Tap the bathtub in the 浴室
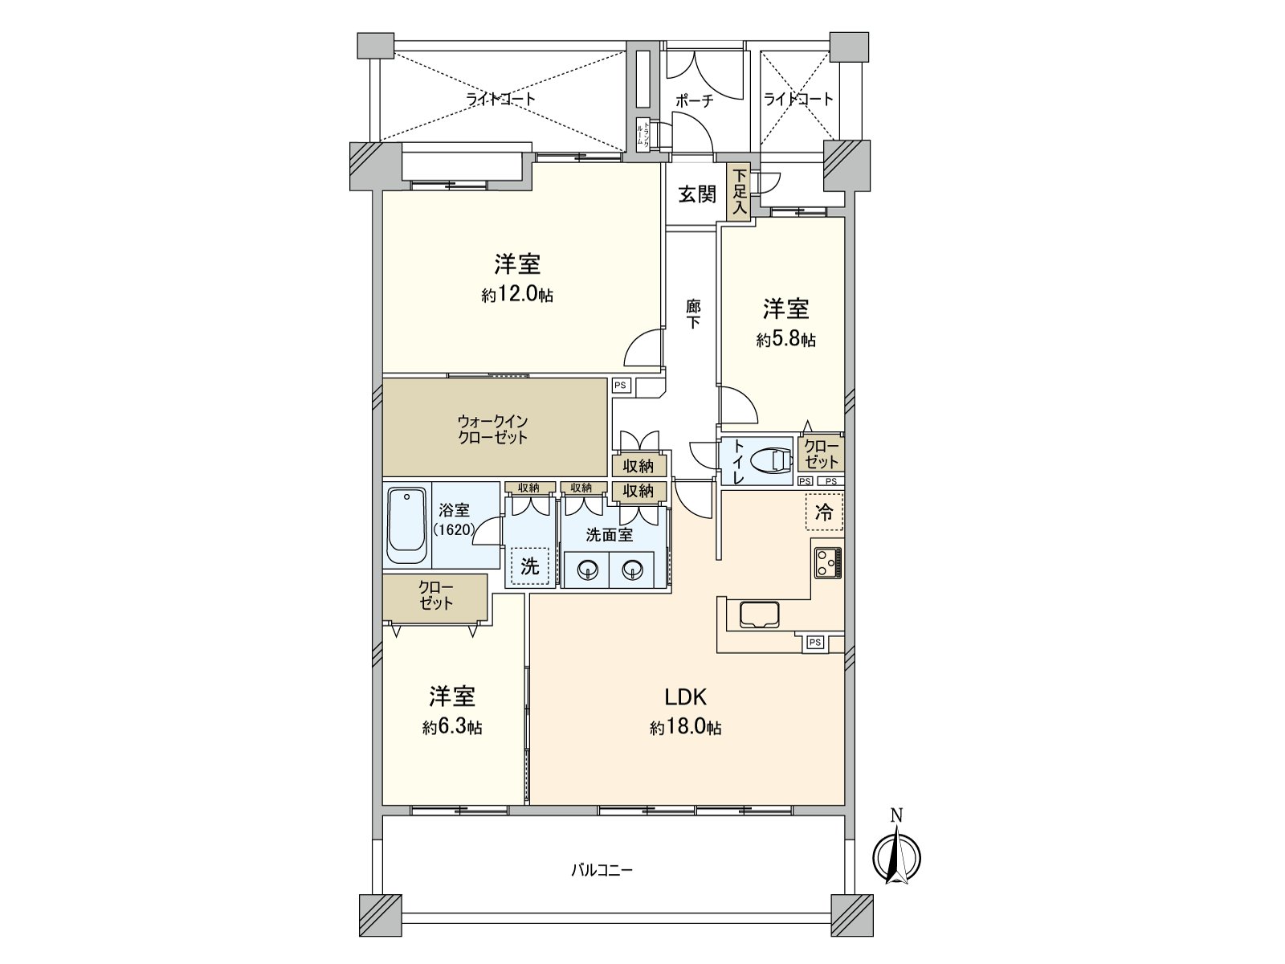click(x=407, y=526)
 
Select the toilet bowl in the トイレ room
click(x=771, y=460)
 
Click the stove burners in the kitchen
click(x=827, y=562)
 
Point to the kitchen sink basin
click(x=759, y=615)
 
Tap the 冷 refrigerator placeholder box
click(x=824, y=513)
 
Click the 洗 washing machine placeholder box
click(x=529, y=566)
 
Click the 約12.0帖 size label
click(x=517, y=295)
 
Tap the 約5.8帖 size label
click(x=785, y=340)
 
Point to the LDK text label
click(x=684, y=696)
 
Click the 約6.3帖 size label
click(x=452, y=727)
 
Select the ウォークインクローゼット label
click(x=492, y=429)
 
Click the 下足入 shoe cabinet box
click(x=739, y=193)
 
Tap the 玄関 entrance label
click(x=696, y=194)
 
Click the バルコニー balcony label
click(x=602, y=870)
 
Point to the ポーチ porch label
click(x=694, y=100)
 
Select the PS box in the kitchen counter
click(x=814, y=642)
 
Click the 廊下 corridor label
click(x=692, y=314)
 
